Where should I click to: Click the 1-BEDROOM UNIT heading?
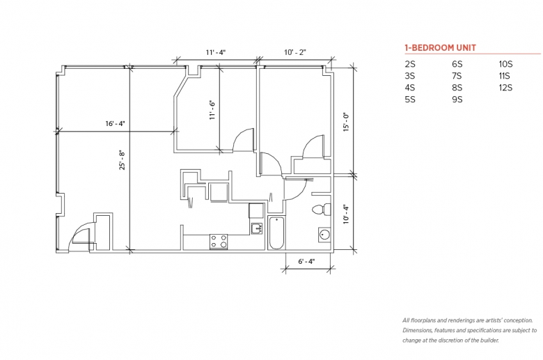[x=441, y=48]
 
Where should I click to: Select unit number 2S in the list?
[x=409, y=64]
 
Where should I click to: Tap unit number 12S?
[x=505, y=88]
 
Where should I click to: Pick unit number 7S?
[x=457, y=76]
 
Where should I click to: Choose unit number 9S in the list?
[x=457, y=100]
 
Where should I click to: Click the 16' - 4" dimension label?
[x=115, y=124]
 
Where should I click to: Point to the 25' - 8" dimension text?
[x=122, y=159]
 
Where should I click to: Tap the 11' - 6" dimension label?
[x=212, y=110]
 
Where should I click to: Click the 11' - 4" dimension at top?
[x=215, y=52]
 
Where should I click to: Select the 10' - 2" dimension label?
[x=295, y=52]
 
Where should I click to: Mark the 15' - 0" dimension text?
[x=346, y=122]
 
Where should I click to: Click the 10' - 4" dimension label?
[x=346, y=214]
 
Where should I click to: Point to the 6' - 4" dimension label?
[x=306, y=261]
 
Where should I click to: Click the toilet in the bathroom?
[x=322, y=210]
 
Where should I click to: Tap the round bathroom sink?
[x=324, y=235]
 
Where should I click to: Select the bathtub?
[x=276, y=233]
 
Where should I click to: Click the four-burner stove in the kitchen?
[x=219, y=242]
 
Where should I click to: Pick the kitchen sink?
[x=257, y=228]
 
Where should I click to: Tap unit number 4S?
[x=409, y=88]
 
